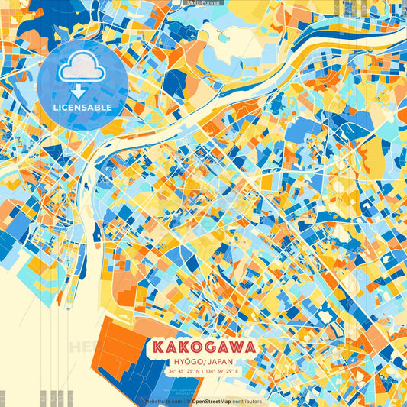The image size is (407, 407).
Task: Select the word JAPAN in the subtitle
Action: click(x=221, y=361)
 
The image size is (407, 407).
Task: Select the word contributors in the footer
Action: click(x=247, y=401)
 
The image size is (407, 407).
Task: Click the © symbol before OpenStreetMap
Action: click(x=189, y=401)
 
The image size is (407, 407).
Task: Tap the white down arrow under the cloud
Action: click(x=77, y=89)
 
